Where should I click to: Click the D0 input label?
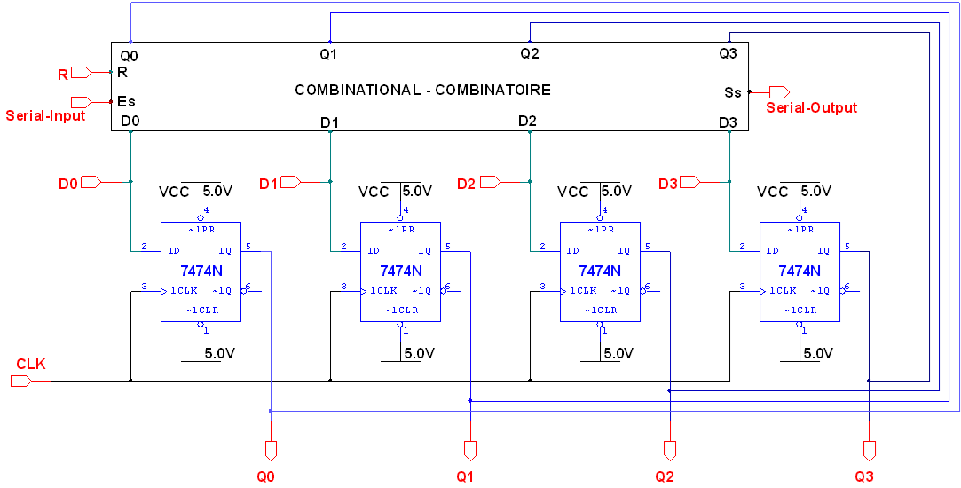[x=68, y=184]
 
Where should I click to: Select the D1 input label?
[x=268, y=184]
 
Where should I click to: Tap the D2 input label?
[x=467, y=184]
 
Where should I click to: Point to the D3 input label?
[x=668, y=184]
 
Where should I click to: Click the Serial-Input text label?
[x=45, y=115]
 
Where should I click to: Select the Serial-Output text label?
[x=812, y=108]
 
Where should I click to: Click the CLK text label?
[x=31, y=364]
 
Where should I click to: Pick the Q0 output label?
[x=266, y=476]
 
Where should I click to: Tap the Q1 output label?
[x=466, y=476]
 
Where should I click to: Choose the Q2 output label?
[x=666, y=476]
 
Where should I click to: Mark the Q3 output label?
[x=865, y=476]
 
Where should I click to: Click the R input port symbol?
[x=81, y=72]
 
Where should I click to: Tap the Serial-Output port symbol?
[x=779, y=92]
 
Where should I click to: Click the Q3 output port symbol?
[x=870, y=450]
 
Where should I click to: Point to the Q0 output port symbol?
[x=271, y=450]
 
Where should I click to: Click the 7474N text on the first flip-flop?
[x=201, y=271]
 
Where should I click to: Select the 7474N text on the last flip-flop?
[x=800, y=271]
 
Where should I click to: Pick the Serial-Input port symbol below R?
[x=81, y=102]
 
